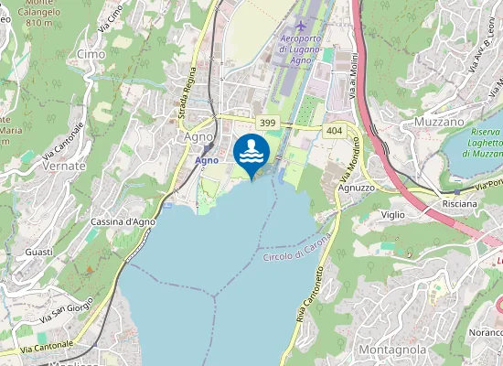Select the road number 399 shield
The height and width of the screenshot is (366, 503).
pyautogui.click(x=267, y=123)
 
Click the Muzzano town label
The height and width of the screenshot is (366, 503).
pyautogui.click(x=440, y=122)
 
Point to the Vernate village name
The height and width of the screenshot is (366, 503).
pyautogui.click(x=64, y=167)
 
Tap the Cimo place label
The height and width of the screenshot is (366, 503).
pyautogui.click(x=91, y=55)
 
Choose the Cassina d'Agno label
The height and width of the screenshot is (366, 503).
pyautogui.click(x=123, y=221)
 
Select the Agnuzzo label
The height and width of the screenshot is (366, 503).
pyautogui.click(x=356, y=187)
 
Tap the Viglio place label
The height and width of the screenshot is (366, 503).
pyautogui.click(x=393, y=214)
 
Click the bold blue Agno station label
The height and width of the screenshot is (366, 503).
pyautogui.click(x=207, y=160)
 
